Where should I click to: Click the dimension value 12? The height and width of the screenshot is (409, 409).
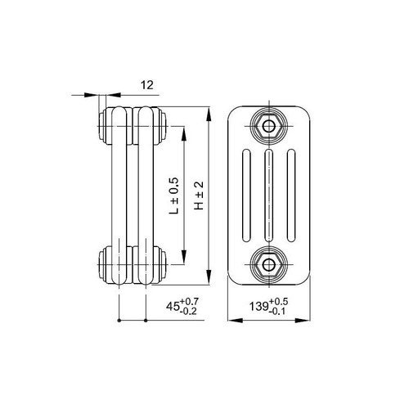[x=122, y=83]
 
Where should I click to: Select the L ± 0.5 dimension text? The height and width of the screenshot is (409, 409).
[x=173, y=196]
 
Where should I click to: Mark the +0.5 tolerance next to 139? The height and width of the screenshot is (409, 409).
[x=279, y=301]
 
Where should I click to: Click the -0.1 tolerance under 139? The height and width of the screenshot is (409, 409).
[x=279, y=312]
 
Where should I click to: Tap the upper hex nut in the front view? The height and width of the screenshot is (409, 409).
[x=267, y=127]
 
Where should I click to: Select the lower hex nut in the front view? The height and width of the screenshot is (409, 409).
[x=267, y=263]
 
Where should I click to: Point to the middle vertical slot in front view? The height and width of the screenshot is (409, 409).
[x=267, y=195]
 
